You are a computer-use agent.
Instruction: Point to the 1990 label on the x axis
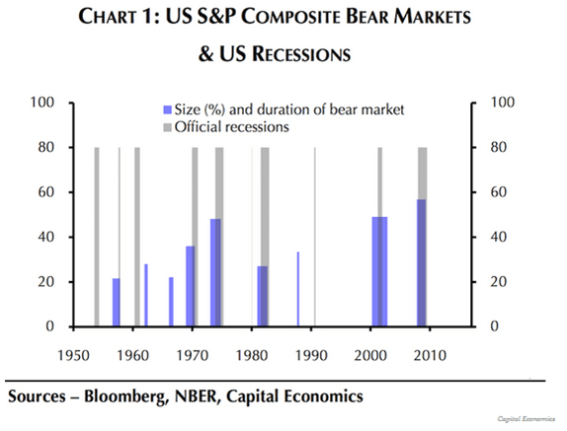pos(315,352)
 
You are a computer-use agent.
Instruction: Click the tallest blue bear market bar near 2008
pos(422,262)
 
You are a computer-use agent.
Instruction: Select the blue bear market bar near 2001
pos(379,271)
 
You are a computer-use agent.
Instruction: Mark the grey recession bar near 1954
pos(97,237)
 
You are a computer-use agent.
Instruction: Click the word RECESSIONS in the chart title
pos(293,56)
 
